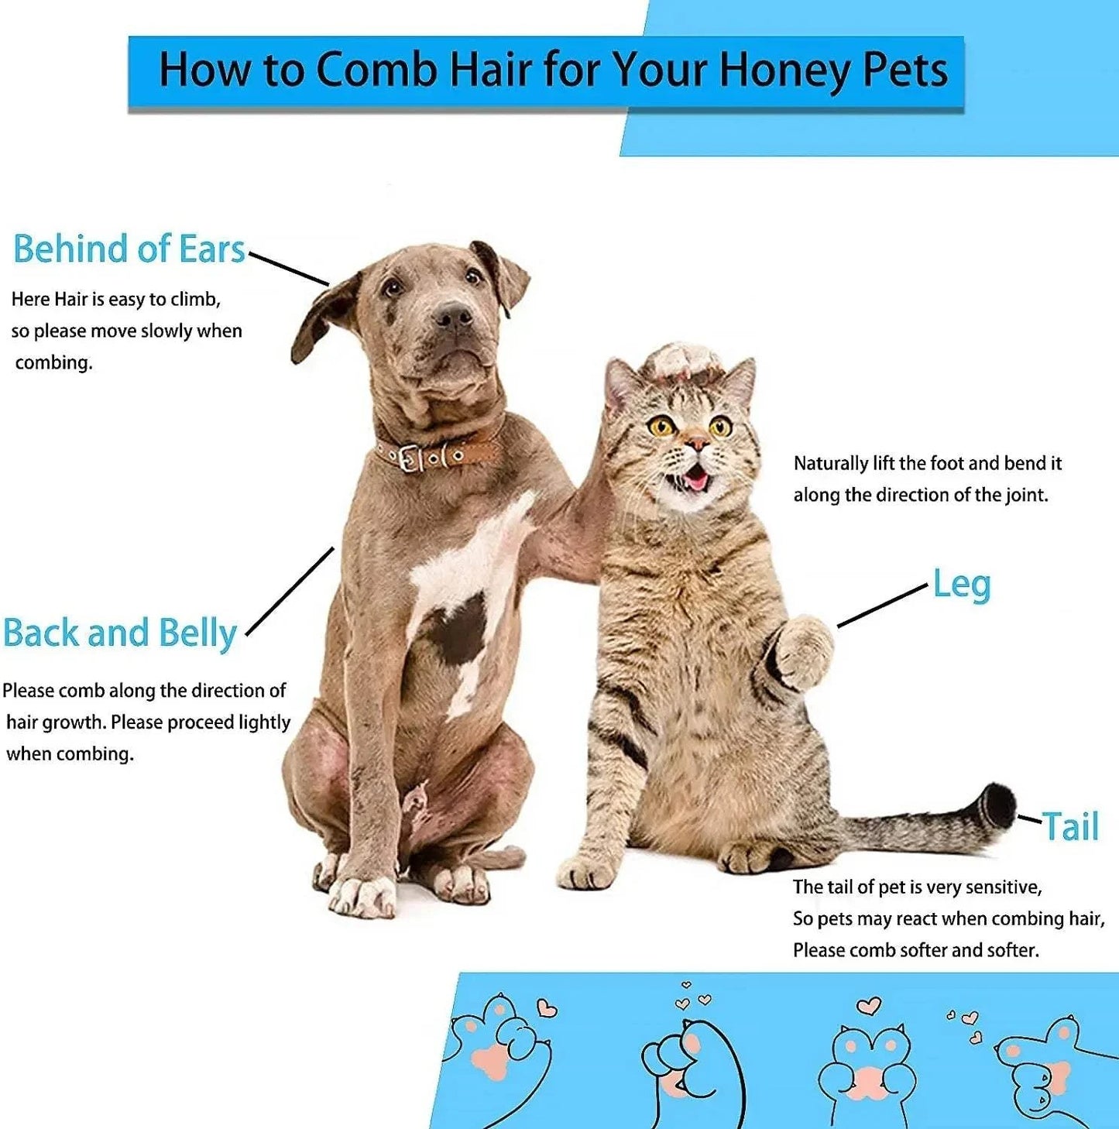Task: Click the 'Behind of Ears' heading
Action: (129, 249)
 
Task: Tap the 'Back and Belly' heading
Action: (120, 633)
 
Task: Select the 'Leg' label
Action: (961, 585)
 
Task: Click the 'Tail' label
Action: (1070, 826)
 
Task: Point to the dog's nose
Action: (453, 314)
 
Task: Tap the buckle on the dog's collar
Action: (412, 458)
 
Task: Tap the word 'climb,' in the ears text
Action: (195, 300)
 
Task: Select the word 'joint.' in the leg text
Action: (1027, 495)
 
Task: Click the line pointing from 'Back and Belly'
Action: (290, 592)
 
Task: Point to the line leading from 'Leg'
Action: (882, 606)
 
